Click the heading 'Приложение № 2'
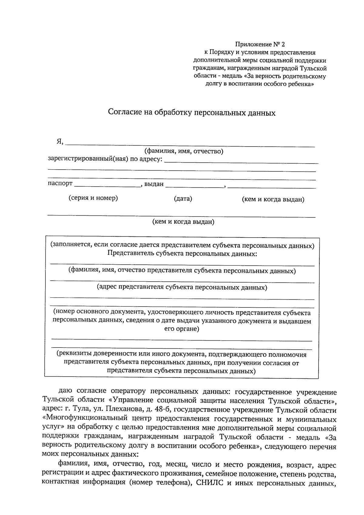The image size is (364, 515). [260, 45]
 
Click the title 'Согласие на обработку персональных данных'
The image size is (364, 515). [192, 113]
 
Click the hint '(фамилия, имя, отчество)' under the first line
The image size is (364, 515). [184, 151]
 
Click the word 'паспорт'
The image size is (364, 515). [60, 184]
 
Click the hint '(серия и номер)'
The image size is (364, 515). [93, 198]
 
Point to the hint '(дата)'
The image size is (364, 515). [183, 199]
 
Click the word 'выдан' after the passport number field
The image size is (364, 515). [154, 184]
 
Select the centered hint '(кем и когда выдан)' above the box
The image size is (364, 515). [183, 222]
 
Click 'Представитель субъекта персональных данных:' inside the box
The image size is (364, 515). [182, 253]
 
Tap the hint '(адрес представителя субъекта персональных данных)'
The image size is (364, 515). [182, 287]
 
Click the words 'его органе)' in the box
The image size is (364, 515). [181, 329]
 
